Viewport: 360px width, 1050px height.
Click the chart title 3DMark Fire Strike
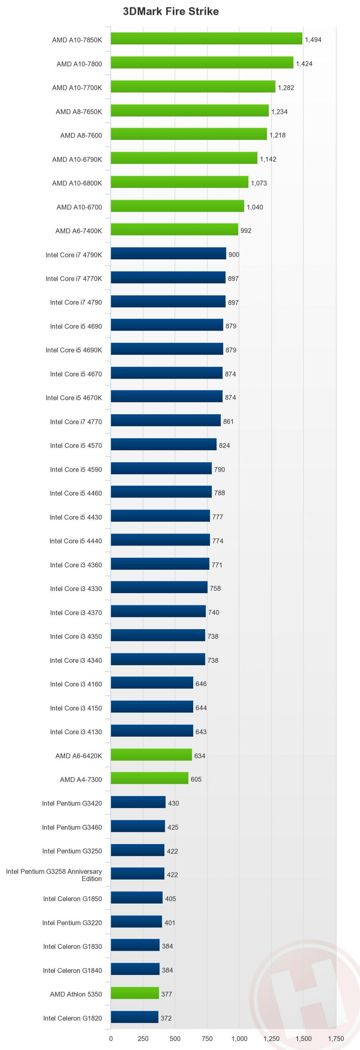click(x=171, y=11)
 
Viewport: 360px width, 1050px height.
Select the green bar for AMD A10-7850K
click(x=206, y=39)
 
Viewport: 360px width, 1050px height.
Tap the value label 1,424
click(x=304, y=64)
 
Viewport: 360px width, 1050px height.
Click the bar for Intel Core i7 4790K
click(x=168, y=253)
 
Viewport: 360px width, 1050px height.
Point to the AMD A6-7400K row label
click(x=79, y=231)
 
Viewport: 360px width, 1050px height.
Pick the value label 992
click(x=246, y=231)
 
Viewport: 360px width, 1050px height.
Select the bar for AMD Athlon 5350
click(x=134, y=993)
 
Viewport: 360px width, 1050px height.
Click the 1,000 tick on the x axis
click(x=239, y=1039)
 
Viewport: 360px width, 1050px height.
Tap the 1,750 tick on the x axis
click(x=336, y=1039)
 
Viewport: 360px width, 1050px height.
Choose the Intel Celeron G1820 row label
click(x=73, y=1018)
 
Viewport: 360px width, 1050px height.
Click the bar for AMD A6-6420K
click(x=151, y=754)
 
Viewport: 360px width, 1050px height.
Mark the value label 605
click(x=196, y=779)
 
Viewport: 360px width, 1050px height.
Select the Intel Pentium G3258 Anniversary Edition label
click(x=54, y=875)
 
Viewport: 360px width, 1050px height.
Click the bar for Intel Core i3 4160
click(x=152, y=682)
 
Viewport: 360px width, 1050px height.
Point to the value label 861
click(x=228, y=421)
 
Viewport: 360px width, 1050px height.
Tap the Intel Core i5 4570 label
click(x=76, y=445)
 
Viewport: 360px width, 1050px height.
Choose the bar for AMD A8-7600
click(x=189, y=134)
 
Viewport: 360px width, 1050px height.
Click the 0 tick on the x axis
click(x=111, y=1039)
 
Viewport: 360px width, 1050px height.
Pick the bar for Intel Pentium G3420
click(x=138, y=802)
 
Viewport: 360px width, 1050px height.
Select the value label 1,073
click(x=259, y=183)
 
